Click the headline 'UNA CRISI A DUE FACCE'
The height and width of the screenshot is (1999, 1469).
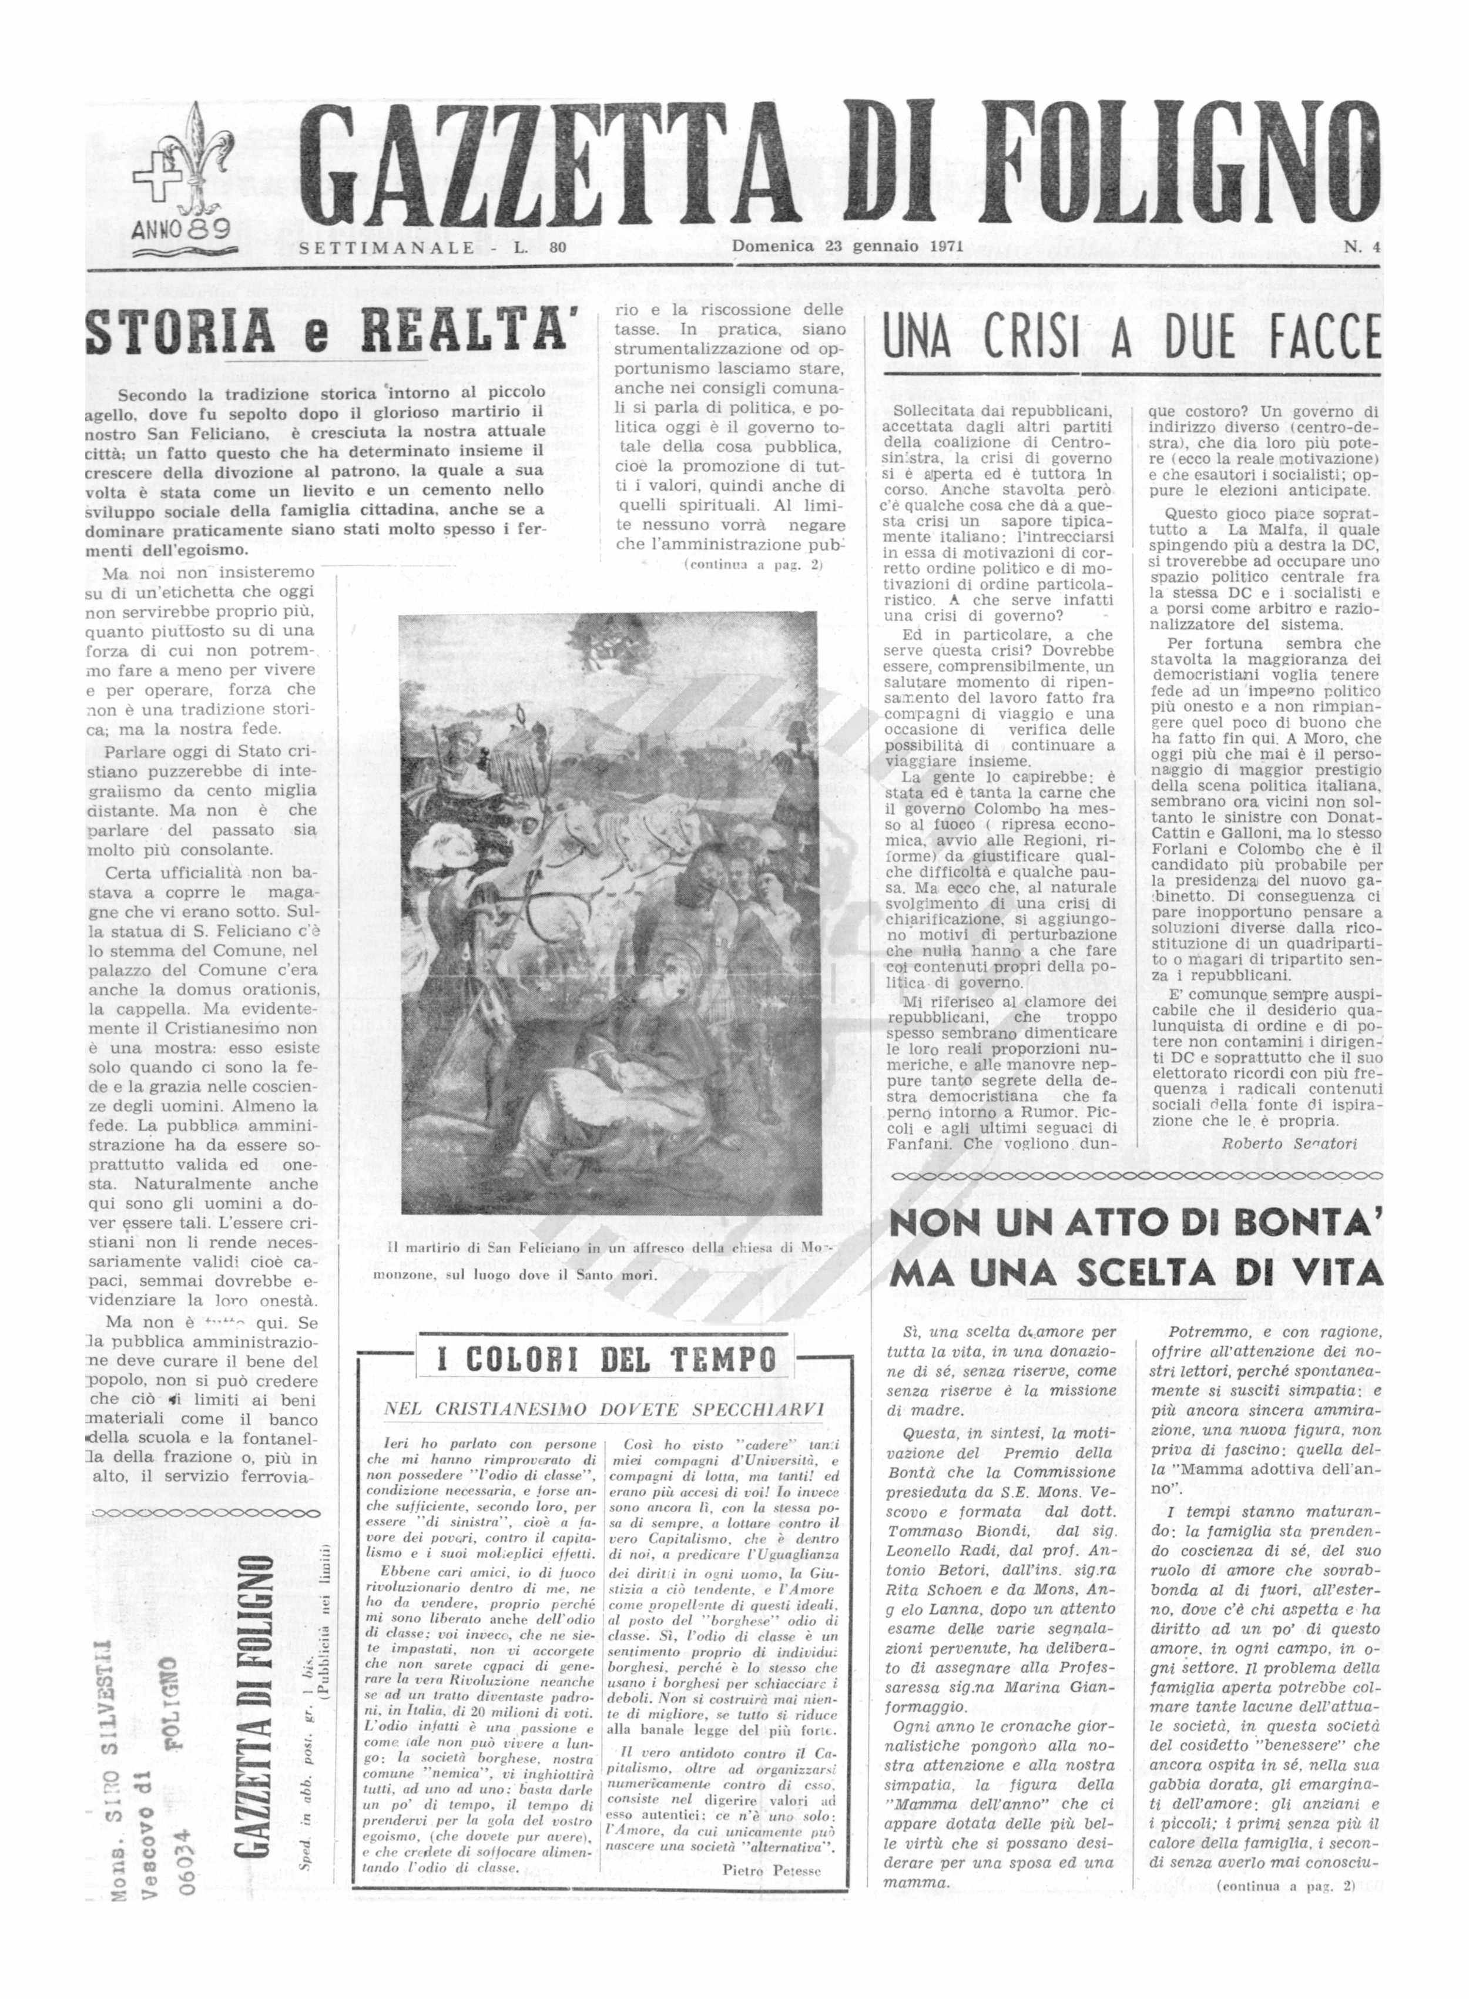coord(1131,341)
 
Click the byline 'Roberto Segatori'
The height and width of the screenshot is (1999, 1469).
coord(1289,1145)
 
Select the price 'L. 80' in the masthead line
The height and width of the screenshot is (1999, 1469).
coord(541,248)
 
